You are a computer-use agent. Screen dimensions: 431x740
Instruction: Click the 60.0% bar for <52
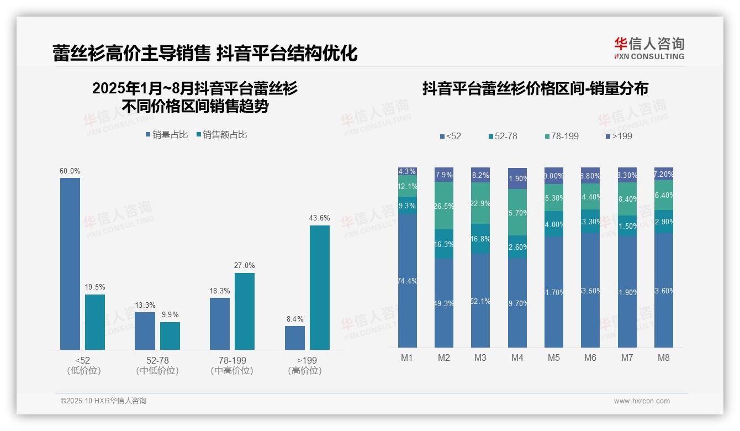[70, 264]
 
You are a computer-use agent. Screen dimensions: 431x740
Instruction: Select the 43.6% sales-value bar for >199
[319, 287]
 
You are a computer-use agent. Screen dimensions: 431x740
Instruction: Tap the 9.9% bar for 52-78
[170, 335]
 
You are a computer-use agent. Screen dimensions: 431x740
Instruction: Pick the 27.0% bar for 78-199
[245, 311]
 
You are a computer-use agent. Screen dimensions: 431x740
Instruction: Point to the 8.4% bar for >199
[295, 338]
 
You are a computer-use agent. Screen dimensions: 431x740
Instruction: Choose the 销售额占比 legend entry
[221, 135]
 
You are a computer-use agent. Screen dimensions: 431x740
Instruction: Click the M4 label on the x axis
[517, 358]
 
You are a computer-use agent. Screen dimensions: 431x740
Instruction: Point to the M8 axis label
[663, 358]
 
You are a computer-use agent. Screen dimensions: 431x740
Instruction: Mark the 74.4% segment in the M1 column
[407, 281]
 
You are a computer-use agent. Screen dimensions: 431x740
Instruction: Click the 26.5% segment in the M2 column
[444, 206]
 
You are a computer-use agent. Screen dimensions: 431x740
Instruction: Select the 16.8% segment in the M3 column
[480, 239]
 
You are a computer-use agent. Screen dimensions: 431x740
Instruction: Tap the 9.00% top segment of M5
[554, 176]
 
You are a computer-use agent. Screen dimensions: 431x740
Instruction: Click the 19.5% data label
[95, 287]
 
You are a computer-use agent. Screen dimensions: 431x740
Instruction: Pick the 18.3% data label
[220, 291]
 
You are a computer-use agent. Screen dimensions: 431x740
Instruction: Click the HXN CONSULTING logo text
[649, 56]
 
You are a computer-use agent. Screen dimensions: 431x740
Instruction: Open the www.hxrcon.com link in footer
[642, 401]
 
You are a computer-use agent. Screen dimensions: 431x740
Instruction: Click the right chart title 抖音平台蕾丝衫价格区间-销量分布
[535, 88]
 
